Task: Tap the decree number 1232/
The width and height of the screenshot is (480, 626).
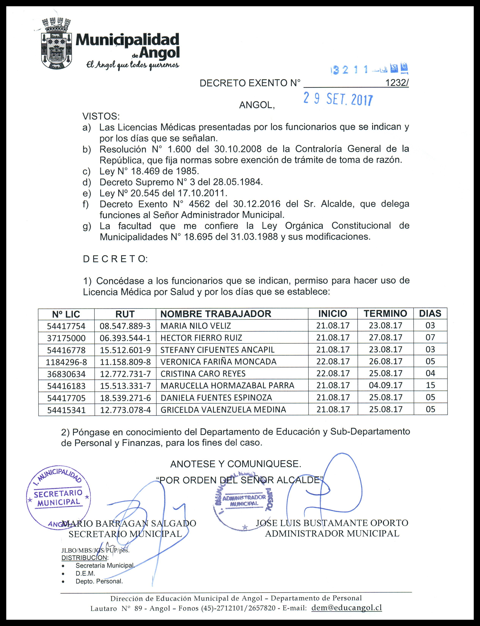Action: [397, 83]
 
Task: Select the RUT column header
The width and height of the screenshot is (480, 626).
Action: [125, 314]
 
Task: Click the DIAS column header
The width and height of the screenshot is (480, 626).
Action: [430, 313]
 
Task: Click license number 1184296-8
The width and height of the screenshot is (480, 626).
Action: [66, 362]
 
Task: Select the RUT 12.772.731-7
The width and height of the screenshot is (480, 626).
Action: [125, 374]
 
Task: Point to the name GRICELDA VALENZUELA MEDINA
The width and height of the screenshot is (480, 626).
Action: [223, 410]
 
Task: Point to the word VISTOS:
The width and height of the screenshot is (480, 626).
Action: [101, 116]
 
